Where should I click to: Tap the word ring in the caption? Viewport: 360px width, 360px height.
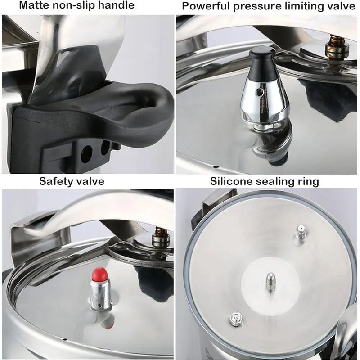coord(310,182)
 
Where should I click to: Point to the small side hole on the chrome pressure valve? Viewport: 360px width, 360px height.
coord(258,92)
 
